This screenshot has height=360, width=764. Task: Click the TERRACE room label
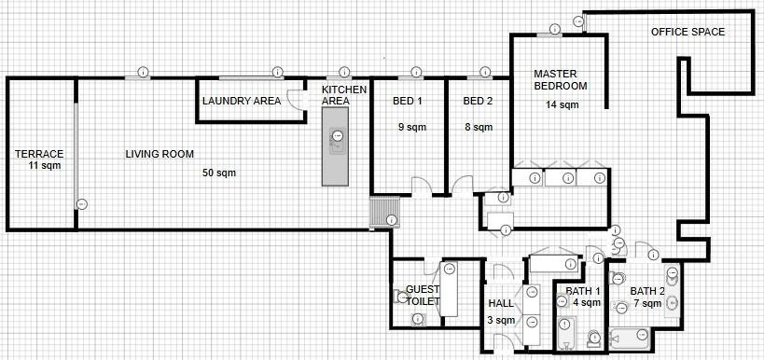click(39, 154)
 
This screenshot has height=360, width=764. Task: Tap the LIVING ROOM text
click(160, 154)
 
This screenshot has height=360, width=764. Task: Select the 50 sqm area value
click(219, 173)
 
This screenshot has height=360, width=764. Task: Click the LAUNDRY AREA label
click(242, 101)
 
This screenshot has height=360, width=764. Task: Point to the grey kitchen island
click(335, 146)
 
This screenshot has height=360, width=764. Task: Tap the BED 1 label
click(408, 102)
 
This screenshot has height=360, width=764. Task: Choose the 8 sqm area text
click(479, 128)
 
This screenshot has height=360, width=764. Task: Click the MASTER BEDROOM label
click(561, 80)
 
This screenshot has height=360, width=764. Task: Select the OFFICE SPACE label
click(688, 32)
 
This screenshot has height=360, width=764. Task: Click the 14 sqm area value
click(562, 104)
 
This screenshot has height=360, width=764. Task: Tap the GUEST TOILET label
click(423, 296)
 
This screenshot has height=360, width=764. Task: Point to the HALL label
click(501, 303)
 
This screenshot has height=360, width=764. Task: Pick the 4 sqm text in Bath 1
click(587, 302)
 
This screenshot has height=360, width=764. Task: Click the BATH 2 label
click(647, 291)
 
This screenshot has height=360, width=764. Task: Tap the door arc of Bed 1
click(422, 186)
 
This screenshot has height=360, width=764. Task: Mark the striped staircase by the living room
click(384, 212)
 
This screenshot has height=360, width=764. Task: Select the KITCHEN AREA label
click(344, 95)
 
